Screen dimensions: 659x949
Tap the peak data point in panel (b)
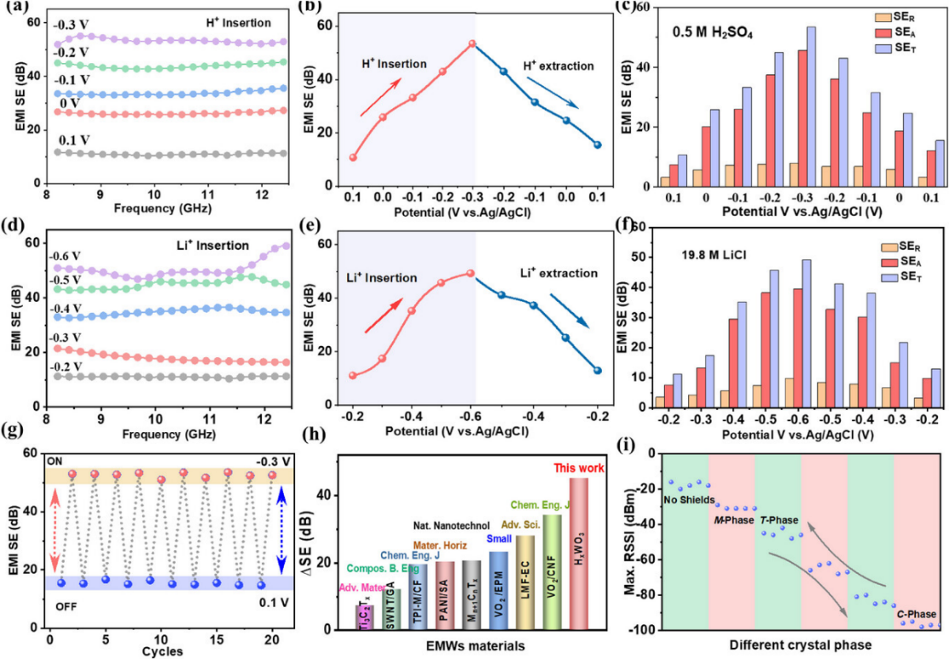[472, 43]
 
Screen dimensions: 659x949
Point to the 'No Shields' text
[688, 500]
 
